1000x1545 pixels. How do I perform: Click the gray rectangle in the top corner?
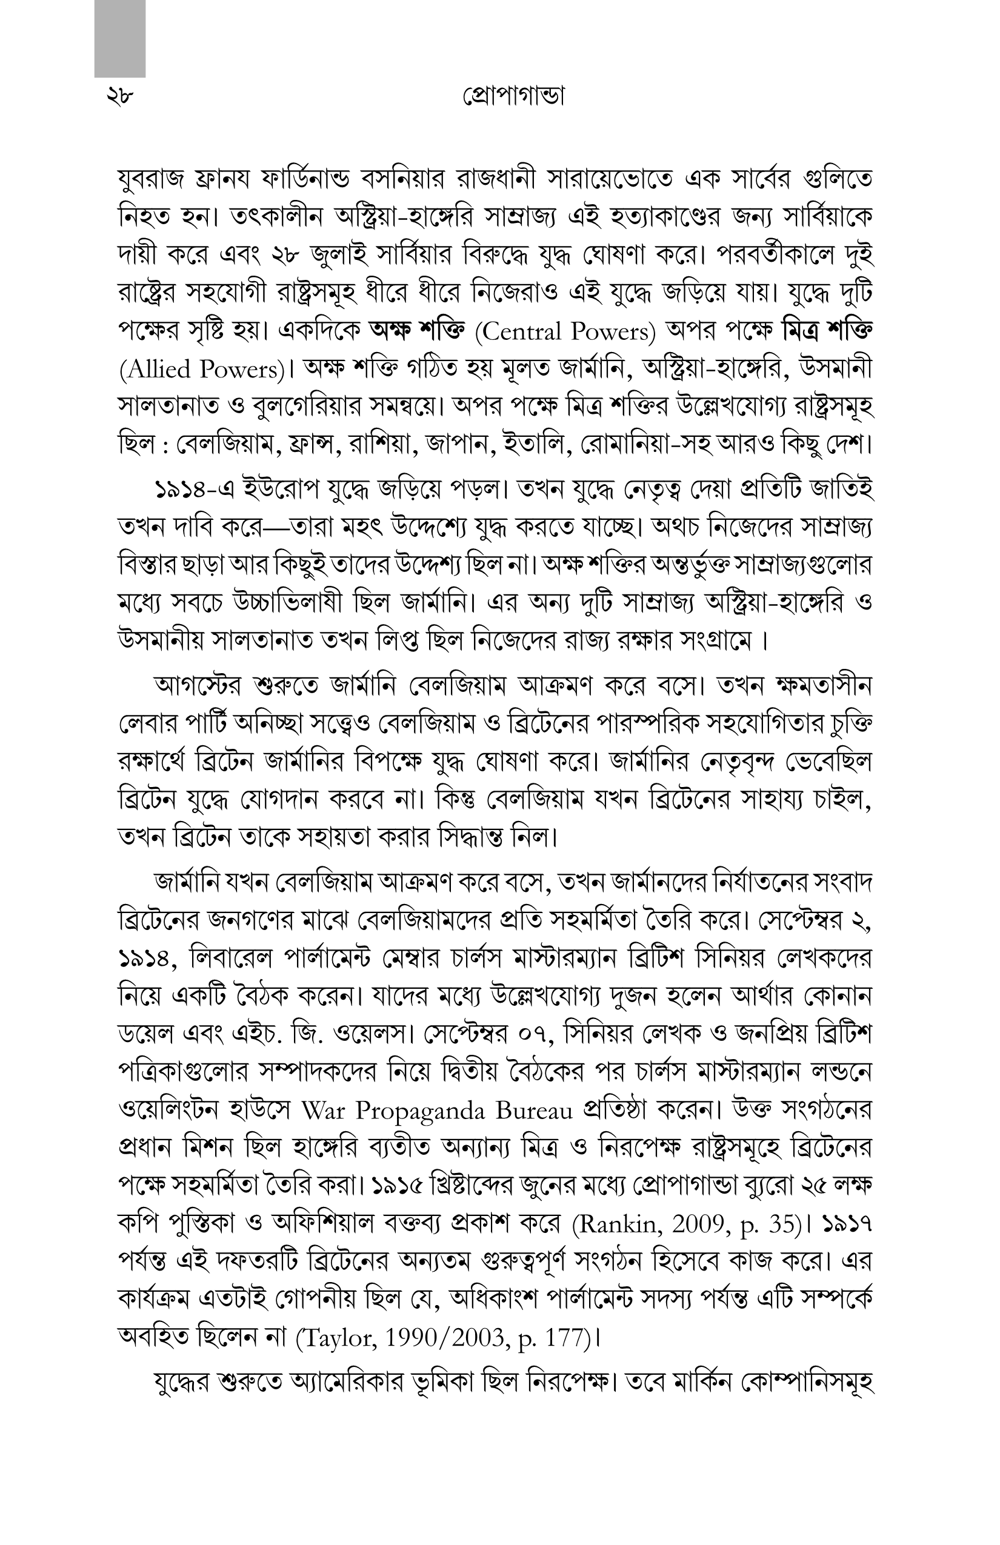[119, 39]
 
